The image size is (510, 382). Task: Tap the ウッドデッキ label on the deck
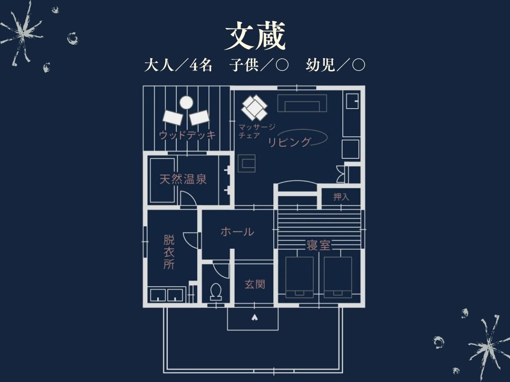(x=187, y=135)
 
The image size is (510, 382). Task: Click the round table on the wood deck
(x=186, y=103)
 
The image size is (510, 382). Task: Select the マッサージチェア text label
(x=257, y=131)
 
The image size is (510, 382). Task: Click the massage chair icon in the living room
(x=254, y=108)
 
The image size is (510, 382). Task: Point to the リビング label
(x=289, y=142)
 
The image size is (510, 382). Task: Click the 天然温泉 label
(x=183, y=179)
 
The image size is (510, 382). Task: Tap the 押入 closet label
(x=341, y=197)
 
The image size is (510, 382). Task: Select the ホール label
(x=237, y=232)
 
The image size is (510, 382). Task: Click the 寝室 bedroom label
(x=318, y=245)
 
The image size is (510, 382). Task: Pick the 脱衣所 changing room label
(x=169, y=252)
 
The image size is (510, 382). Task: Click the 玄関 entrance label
(x=255, y=284)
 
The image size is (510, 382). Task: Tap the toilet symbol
(x=216, y=292)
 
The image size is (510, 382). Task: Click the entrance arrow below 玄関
(x=255, y=317)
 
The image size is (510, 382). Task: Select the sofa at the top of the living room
(x=302, y=103)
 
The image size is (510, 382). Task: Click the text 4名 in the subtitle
(x=201, y=65)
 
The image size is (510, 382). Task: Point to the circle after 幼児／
(x=359, y=65)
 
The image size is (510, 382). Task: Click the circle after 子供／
(x=282, y=65)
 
